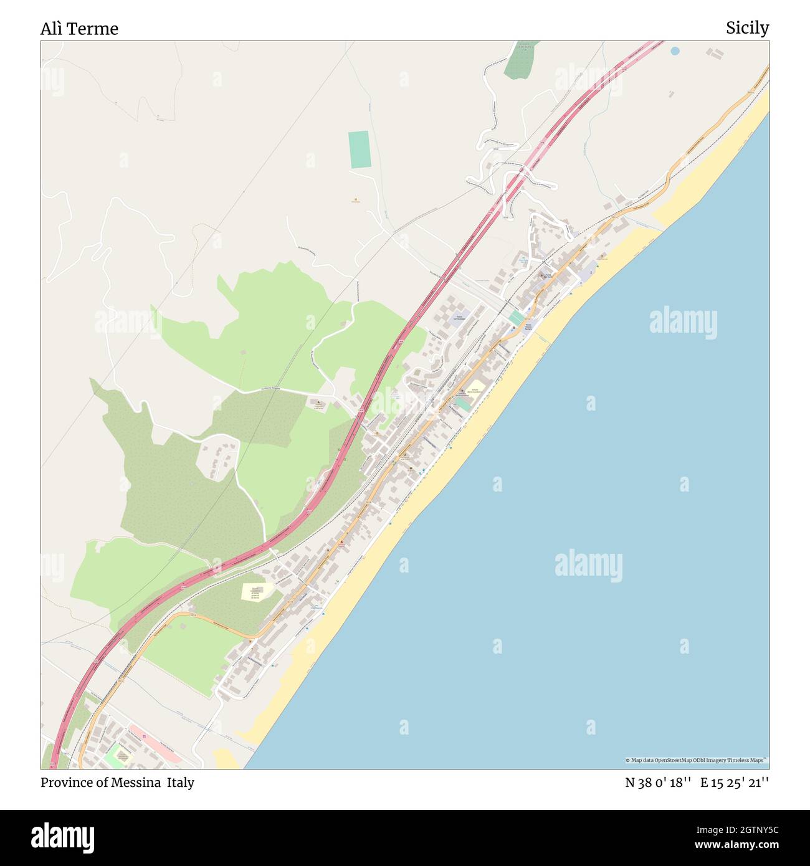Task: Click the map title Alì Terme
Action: point(79,29)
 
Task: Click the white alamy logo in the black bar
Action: point(63,837)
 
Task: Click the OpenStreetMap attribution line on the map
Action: point(697,760)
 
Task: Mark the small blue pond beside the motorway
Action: point(675,50)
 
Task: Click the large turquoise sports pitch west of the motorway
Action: point(360,150)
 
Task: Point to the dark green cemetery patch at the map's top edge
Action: point(519,61)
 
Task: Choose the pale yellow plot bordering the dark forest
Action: point(254,591)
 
